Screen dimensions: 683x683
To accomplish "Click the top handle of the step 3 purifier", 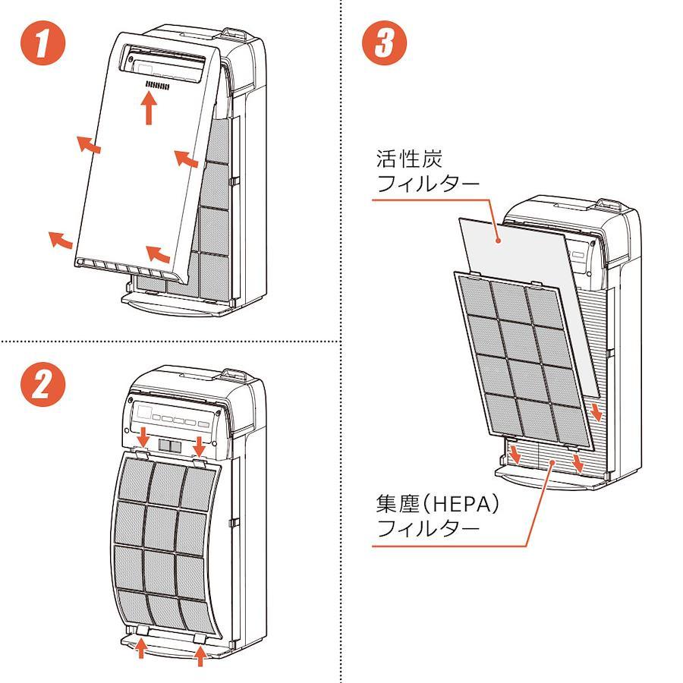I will pyautogui.click(x=610, y=206).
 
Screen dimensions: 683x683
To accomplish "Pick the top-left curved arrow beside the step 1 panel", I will pyautogui.click(x=88, y=143).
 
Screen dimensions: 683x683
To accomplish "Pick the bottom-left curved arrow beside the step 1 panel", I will pyautogui.click(x=61, y=239).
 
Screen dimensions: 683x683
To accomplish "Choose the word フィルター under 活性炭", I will pyautogui.click(x=428, y=184).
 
